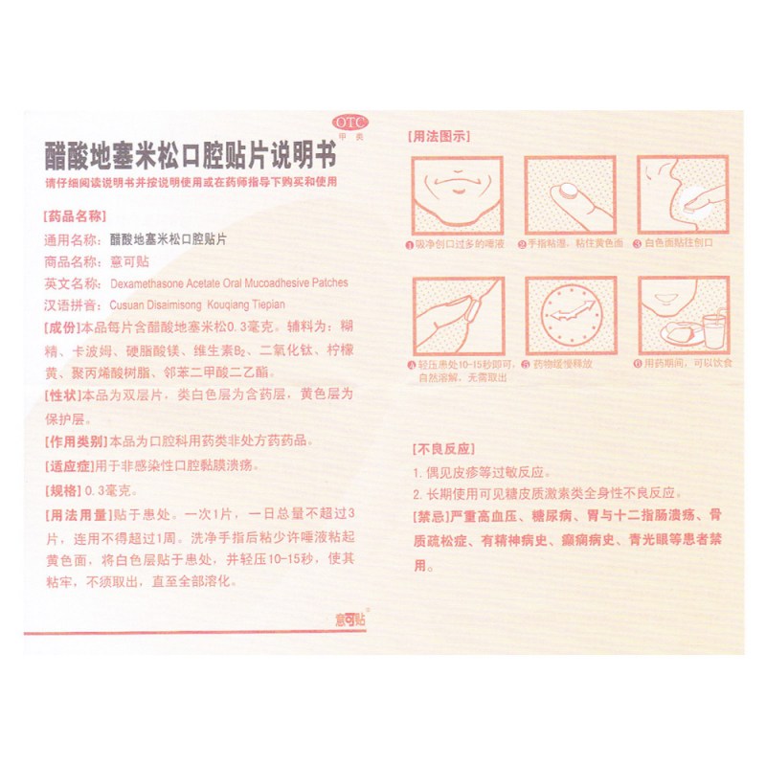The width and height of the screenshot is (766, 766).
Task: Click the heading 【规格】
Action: [x=64, y=490]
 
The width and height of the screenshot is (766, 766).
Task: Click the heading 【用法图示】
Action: [x=439, y=137]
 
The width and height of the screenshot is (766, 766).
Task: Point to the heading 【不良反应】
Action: [x=439, y=448]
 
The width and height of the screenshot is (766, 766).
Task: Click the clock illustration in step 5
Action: [x=569, y=316]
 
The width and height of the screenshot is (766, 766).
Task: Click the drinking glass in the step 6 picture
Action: [x=713, y=329]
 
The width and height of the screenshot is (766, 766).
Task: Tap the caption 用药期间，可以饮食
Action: [x=686, y=364]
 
